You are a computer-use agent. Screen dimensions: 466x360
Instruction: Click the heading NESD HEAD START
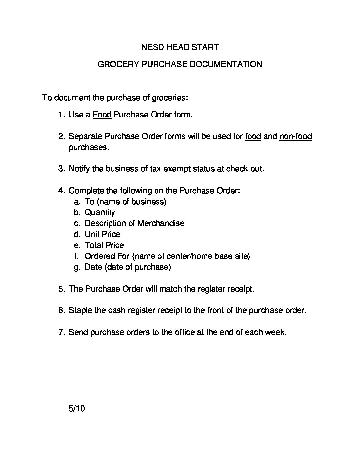click(180, 47)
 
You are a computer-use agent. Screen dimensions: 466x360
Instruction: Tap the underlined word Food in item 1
click(102, 115)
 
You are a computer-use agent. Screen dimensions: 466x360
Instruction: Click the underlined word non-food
click(295, 136)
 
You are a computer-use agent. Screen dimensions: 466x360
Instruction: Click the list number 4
click(61, 191)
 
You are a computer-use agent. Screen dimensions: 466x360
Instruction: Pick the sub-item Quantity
click(100, 212)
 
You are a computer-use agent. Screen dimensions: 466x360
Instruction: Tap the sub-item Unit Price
click(103, 234)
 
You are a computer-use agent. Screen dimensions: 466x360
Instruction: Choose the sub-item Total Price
click(104, 245)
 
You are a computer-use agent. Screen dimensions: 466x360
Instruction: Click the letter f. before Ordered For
click(77, 256)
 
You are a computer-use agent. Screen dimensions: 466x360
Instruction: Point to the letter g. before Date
click(77, 267)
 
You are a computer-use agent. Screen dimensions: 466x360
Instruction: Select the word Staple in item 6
click(79, 311)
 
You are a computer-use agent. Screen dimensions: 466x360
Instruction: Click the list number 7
click(61, 332)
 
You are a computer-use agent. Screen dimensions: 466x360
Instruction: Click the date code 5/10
click(77, 409)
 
